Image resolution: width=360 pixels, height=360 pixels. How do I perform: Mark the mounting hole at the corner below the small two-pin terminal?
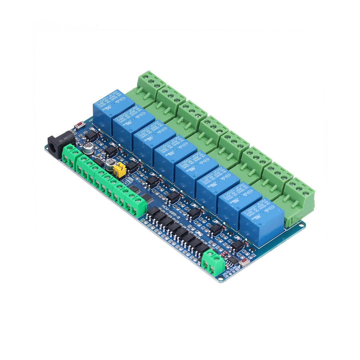(x=220, y=279)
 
